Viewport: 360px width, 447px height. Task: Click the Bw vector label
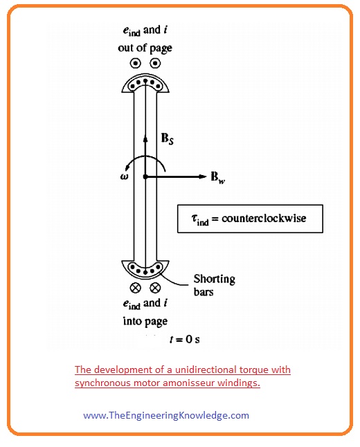tap(218, 178)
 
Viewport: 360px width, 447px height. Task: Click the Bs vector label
tap(168, 139)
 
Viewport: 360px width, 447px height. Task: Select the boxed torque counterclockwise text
tap(250, 219)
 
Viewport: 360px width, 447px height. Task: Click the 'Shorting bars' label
tap(214, 285)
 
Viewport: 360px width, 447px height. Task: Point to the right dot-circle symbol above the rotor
tap(155, 63)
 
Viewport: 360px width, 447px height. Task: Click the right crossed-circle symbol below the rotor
tap(155, 286)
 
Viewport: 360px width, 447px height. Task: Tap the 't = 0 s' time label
tap(181, 339)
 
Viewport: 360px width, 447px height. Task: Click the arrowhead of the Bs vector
tap(145, 138)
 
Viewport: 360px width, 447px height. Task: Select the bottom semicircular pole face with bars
tap(145, 268)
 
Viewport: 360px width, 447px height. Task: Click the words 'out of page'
tap(145, 48)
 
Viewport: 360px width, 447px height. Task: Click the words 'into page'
tap(145, 321)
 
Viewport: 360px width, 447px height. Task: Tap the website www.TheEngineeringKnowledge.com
tap(165, 415)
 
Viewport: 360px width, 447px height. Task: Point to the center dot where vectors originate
tap(145, 177)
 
